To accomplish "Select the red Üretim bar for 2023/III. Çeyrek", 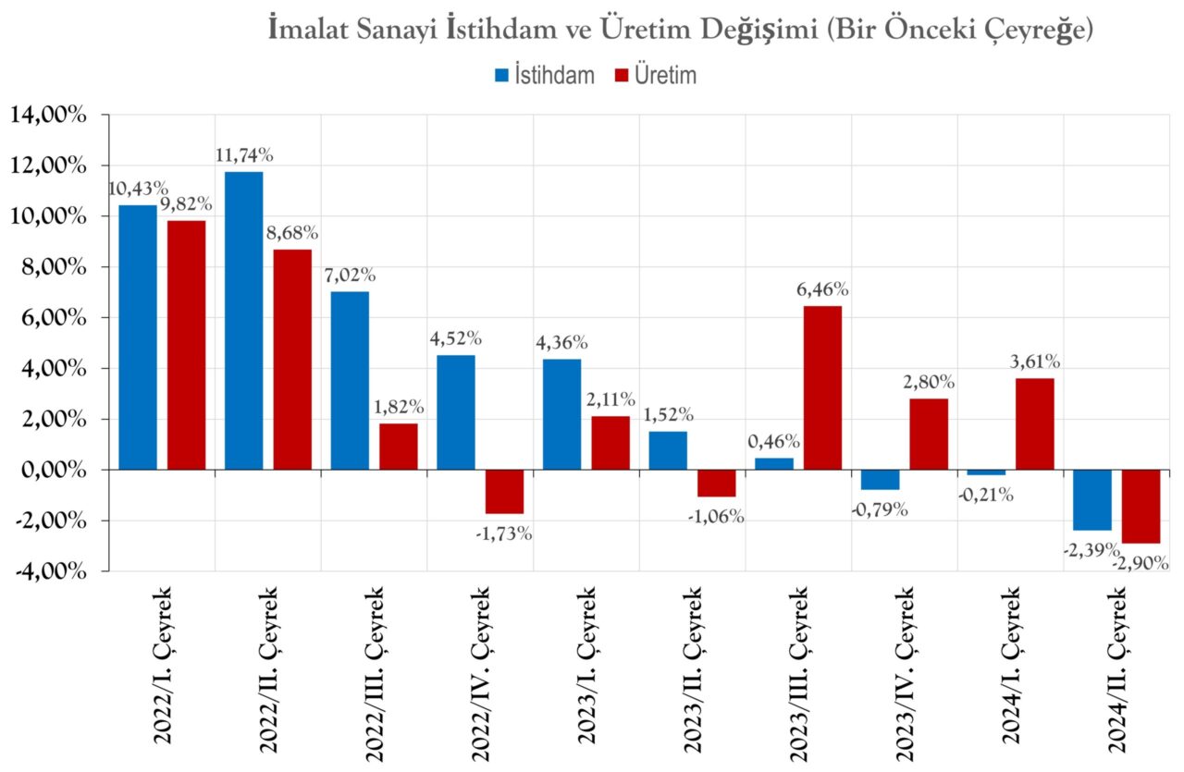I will click(822, 387).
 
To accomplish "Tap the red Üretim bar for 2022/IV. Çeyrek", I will click(505, 491).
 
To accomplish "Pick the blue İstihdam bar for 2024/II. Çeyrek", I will click(1091, 499).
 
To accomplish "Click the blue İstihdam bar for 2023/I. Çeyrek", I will click(561, 413).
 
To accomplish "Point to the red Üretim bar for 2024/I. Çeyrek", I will click(1034, 423).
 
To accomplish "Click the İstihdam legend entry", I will click(545, 75).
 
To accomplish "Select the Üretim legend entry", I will click(656, 75).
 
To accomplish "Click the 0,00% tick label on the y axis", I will click(52, 470).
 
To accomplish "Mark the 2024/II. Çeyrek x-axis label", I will click(1117, 665).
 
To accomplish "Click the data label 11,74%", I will click(243, 155).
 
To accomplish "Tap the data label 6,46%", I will click(821, 289).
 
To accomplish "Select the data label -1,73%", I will click(504, 533).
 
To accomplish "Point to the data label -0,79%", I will click(880, 509).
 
